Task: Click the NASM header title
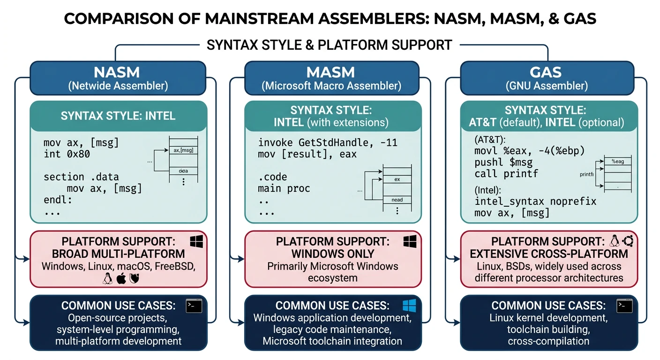118,72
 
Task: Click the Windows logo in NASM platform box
196,242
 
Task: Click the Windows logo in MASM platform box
410,242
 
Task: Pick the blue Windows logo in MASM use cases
409,306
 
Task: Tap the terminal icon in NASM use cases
194,306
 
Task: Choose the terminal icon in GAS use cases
624,306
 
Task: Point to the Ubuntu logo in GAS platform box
628,241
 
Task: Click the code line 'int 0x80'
67,154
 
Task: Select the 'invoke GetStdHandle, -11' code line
328,142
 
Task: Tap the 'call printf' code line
506,173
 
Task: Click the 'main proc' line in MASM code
284,188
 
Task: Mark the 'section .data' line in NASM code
81,177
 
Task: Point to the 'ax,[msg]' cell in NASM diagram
183,150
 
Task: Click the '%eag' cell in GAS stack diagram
617,161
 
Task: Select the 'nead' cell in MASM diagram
397,199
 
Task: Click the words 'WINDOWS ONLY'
333,254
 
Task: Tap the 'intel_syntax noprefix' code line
535,202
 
